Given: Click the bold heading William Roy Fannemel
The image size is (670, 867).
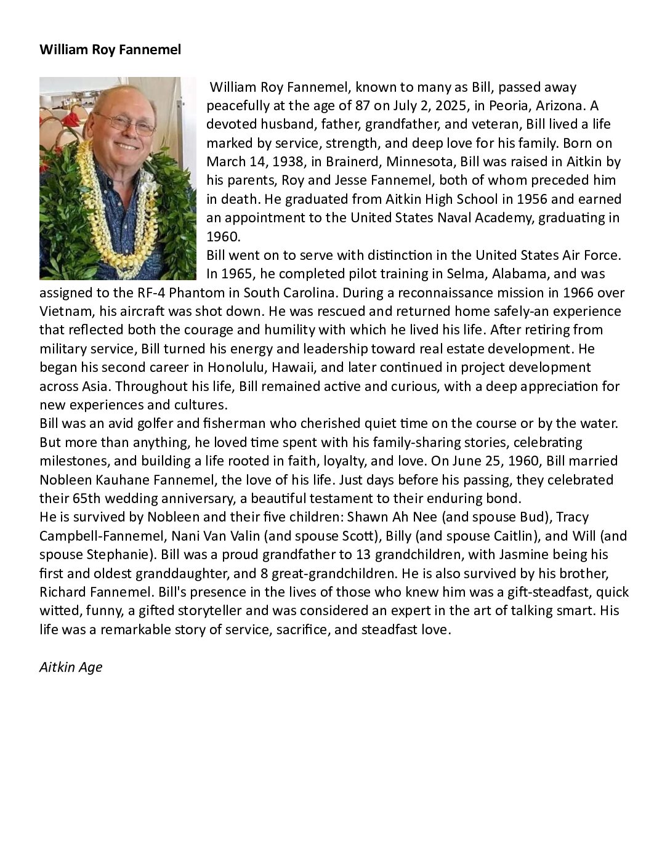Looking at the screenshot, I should [x=110, y=50].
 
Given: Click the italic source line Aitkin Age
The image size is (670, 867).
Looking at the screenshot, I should [x=71, y=667].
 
